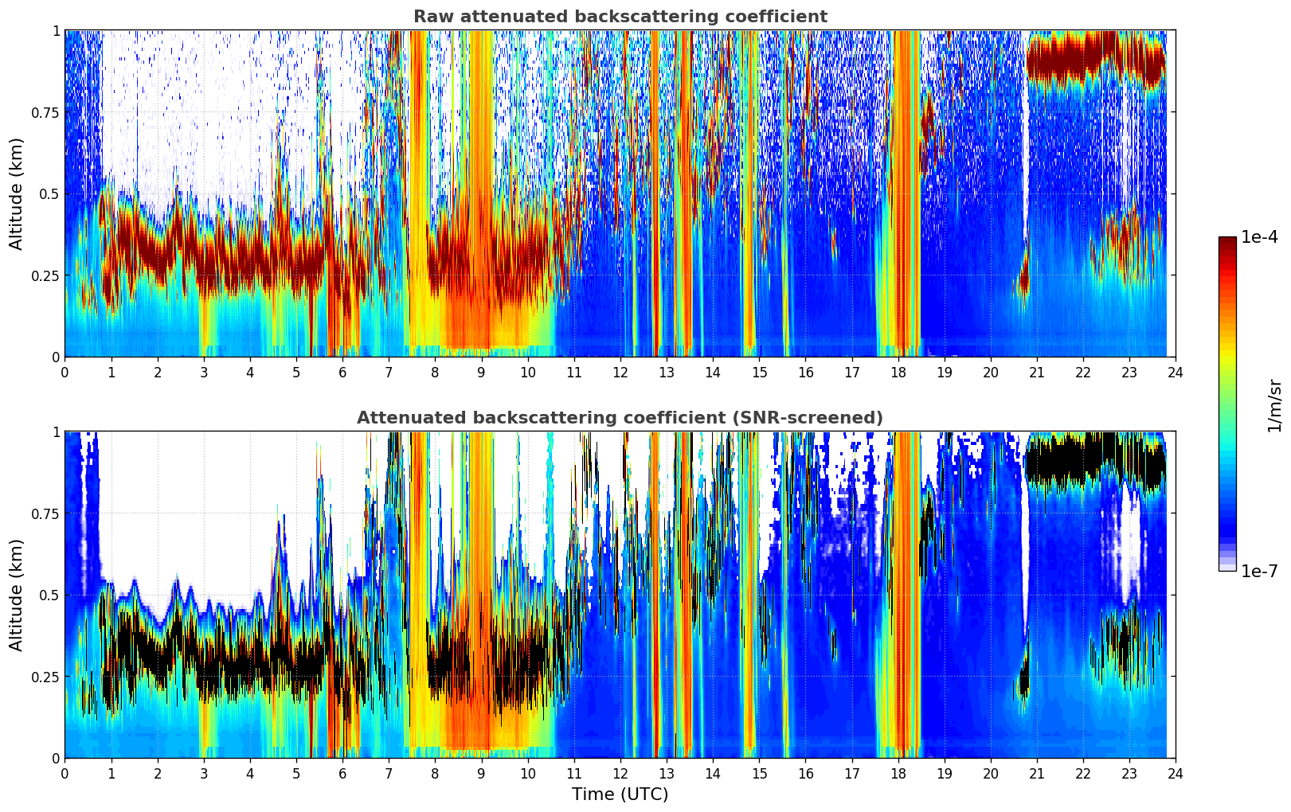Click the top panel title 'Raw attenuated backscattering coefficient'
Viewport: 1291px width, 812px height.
(x=620, y=17)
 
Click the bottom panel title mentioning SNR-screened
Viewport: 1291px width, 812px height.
(x=620, y=418)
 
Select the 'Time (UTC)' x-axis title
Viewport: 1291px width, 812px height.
(x=620, y=794)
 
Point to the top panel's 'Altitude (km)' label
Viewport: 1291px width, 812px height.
(x=17, y=193)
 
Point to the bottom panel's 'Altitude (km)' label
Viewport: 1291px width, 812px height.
(x=17, y=595)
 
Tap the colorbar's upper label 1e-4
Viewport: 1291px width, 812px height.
(x=1259, y=237)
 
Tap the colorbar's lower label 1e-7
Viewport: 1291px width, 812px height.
(x=1259, y=571)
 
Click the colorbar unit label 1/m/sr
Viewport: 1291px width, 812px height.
(x=1274, y=405)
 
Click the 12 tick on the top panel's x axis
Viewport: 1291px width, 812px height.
(x=620, y=372)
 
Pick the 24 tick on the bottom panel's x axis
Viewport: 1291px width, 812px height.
(x=1176, y=773)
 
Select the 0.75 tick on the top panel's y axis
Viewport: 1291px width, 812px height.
(x=45, y=112)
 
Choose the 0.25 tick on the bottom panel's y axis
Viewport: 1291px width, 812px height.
(x=45, y=677)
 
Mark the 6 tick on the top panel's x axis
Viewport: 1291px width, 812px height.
(x=342, y=372)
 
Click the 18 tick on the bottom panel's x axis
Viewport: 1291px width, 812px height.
(x=898, y=773)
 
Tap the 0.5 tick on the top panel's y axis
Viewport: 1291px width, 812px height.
(x=49, y=193)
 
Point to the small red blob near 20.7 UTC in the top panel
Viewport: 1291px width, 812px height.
(x=1023, y=281)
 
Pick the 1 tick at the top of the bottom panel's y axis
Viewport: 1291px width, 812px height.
(x=56, y=431)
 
